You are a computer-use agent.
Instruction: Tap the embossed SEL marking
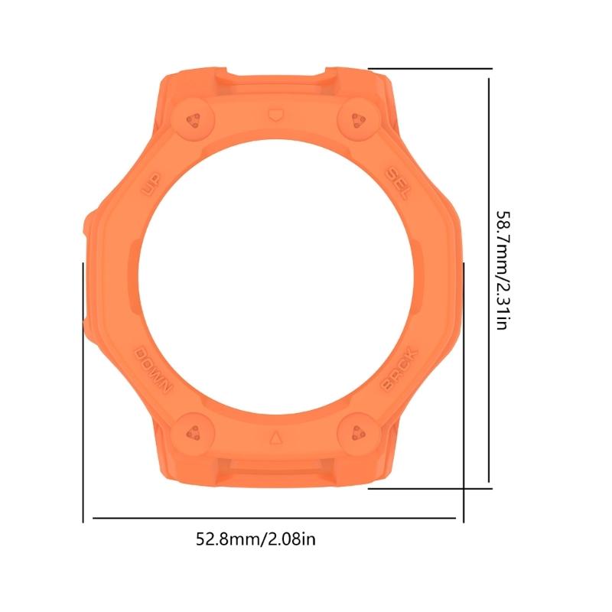[x=399, y=181]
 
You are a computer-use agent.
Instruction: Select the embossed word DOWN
[x=155, y=369]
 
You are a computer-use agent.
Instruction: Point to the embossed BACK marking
[x=399, y=369]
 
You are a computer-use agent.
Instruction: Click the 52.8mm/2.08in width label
[x=256, y=540]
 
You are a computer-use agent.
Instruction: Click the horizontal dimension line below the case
[x=275, y=518]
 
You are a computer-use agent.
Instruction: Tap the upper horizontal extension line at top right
[x=428, y=67]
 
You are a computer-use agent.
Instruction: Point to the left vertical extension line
[x=83, y=390]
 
